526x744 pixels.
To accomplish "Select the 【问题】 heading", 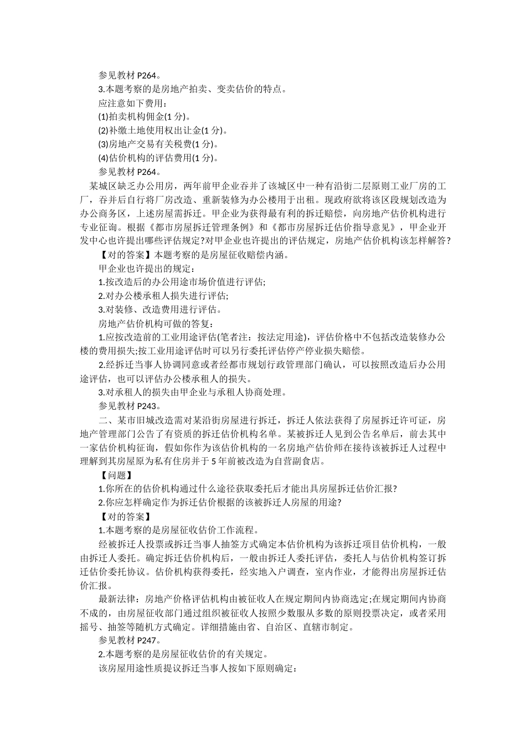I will [x=115, y=474].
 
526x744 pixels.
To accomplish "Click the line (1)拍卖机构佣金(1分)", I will [x=145, y=116].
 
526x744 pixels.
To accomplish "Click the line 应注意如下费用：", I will [x=132, y=102].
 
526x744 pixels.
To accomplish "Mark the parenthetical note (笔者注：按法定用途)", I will [x=264, y=337].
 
